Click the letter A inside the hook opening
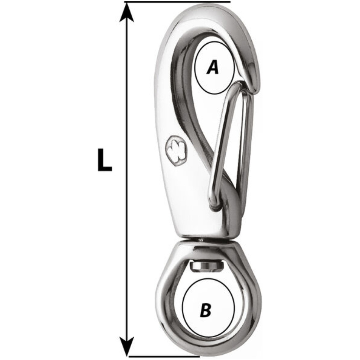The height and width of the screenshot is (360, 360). (213, 67)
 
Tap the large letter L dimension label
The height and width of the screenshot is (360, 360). (105, 160)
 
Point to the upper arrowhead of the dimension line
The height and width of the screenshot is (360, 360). (127, 12)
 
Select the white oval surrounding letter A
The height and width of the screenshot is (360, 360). (215, 68)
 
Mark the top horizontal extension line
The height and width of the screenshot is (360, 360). (177, 2)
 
